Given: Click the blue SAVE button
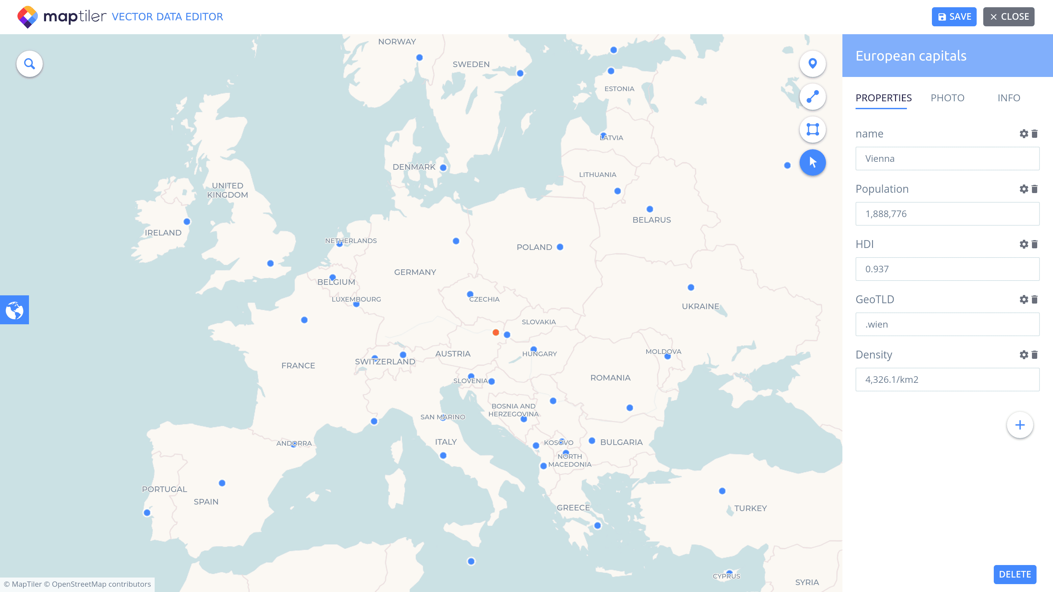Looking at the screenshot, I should coord(954,17).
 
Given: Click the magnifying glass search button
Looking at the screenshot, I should coord(29,64).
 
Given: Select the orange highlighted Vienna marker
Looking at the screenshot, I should coord(496,333).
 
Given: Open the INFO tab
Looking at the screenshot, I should coord(1009,98).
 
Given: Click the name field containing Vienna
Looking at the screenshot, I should coord(947,159).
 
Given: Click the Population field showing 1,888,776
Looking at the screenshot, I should coord(947,214).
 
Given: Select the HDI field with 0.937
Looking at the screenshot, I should coord(947,269).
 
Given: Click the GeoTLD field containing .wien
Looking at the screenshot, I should coord(947,324).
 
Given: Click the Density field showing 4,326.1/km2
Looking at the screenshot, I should coord(947,380).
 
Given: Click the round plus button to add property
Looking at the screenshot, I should coord(1019,425).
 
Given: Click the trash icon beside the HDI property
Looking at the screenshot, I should coord(1035,244).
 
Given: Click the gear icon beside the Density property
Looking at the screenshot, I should coord(1024,355).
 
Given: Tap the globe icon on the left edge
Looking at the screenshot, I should coord(14,310).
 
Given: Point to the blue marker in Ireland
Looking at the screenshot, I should coord(187,221).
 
